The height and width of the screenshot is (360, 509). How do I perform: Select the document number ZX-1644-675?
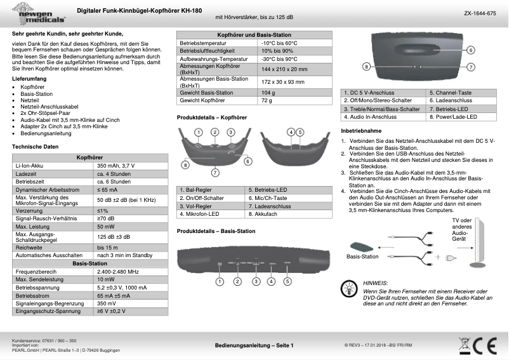pos(480,13)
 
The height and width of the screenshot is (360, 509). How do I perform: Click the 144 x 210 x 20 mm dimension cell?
pos(284,69)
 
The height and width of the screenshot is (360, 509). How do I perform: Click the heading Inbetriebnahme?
pos(361,130)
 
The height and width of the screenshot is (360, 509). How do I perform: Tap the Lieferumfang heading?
pos(29,77)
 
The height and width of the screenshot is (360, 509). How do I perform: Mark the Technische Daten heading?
pos(36,147)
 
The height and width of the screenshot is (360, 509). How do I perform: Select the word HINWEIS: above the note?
pos(375,283)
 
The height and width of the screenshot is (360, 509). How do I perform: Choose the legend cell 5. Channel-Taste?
pos(449,93)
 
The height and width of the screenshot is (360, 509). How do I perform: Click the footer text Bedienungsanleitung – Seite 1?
pos(254,345)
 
